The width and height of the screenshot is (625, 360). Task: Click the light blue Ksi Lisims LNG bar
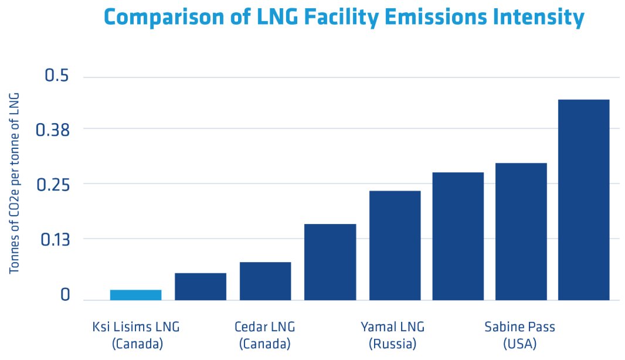135,294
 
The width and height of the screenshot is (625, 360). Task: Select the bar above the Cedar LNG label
265,281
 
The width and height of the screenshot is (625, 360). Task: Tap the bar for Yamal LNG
395,246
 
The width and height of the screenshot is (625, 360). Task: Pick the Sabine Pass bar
521,232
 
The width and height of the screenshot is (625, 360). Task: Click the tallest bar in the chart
583,200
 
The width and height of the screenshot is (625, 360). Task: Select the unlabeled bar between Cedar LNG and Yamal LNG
330,262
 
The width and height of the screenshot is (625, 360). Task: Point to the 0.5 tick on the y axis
57,76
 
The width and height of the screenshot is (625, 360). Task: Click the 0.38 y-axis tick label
53,130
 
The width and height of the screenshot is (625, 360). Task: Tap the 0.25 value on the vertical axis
53,185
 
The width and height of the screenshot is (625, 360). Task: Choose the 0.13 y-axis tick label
55,240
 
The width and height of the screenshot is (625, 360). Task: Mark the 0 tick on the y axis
65,294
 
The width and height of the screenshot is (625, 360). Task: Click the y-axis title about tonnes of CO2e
14,184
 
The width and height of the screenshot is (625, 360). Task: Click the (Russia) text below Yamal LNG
393,344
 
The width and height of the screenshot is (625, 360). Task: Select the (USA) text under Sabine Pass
520,344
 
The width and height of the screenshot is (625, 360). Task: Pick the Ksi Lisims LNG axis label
136,327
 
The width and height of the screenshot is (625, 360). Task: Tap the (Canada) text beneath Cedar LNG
265,344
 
